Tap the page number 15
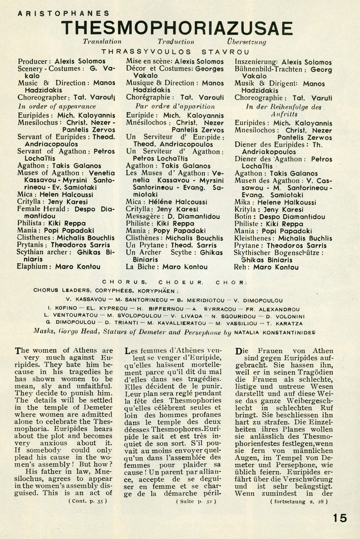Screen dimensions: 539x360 click(x=340, y=518)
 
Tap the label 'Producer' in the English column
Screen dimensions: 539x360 click(x=33, y=60)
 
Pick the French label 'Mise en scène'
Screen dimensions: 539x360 click(x=147, y=60)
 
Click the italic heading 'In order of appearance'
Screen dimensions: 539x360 click(x=57, y=106)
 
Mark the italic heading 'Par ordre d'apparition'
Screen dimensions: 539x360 click(x=170, y=106)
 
